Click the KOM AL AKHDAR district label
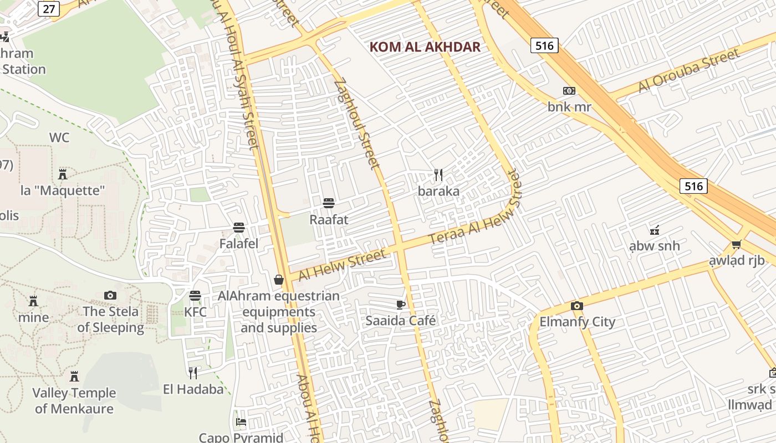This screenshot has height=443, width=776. pos(425,47)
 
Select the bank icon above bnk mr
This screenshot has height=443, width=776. pos(569,91)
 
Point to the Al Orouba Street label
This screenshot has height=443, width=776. pos(689,71)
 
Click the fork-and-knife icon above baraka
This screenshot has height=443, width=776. pos(438,175)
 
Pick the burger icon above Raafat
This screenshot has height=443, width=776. pos(329,203)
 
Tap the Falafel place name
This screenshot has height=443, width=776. pos(239,244)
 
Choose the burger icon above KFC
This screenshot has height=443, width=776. pos(195,296)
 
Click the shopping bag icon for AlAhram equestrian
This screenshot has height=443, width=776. pos(279,280)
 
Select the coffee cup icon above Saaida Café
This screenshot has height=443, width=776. pos(401,305)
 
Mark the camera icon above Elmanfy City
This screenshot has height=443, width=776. pos(577,306)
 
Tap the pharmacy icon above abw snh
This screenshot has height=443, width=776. pos(655,230)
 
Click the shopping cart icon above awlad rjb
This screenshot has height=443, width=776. pos(736,244)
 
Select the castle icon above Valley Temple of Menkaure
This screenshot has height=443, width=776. pos(74,377)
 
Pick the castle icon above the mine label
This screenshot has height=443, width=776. pos(33,301)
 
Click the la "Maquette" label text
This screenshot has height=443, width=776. pos(63,190)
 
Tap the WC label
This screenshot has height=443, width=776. pos(59,137)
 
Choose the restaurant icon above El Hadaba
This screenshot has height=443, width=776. pos(193,373)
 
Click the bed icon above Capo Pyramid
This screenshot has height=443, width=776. pos(241,422)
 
